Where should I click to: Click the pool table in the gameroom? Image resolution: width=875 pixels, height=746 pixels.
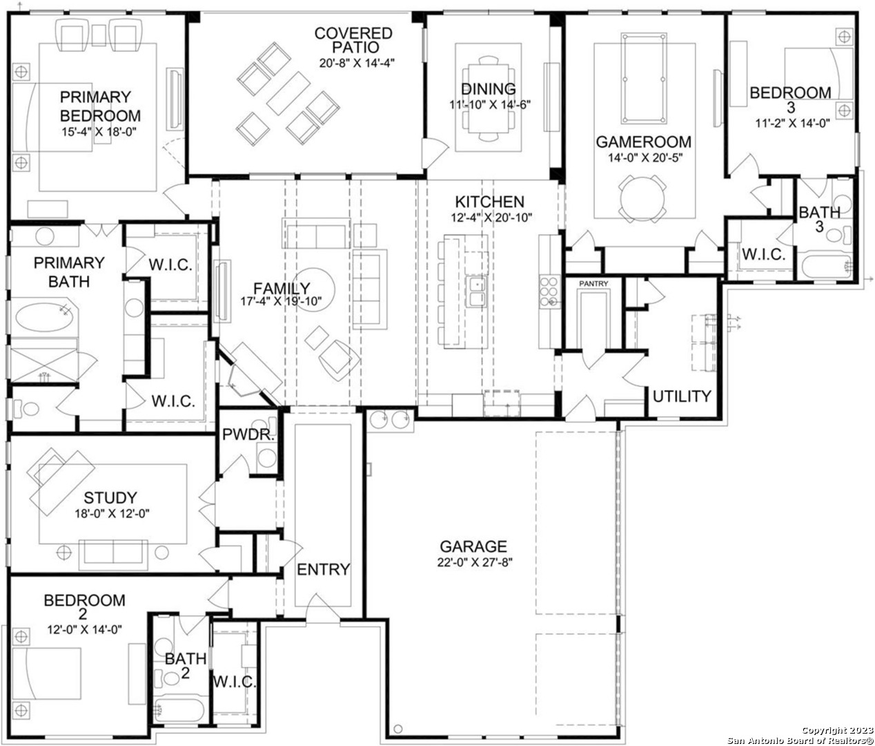[643, 79]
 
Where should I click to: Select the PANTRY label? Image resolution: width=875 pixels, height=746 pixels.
[593, 284]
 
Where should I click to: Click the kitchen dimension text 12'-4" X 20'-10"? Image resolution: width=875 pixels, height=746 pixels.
[491, 218]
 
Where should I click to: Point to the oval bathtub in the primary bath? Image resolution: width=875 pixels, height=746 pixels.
[44, 318]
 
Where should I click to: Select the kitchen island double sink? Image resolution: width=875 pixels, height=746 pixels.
[476, 291]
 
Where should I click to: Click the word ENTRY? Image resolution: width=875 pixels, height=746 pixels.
[324, 569]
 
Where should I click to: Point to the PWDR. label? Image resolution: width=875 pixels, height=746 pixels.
[248, 434]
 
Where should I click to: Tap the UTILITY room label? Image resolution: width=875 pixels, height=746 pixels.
[682, 396]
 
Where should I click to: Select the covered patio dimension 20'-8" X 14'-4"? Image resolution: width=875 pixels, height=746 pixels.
[357, 63]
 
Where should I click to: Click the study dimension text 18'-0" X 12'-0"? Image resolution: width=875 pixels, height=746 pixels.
[112, 514]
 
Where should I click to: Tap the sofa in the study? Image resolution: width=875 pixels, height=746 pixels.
[113, 555]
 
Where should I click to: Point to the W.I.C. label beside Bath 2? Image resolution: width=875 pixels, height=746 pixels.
[234, 682]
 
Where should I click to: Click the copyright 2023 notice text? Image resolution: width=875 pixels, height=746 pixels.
[837, 730]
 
